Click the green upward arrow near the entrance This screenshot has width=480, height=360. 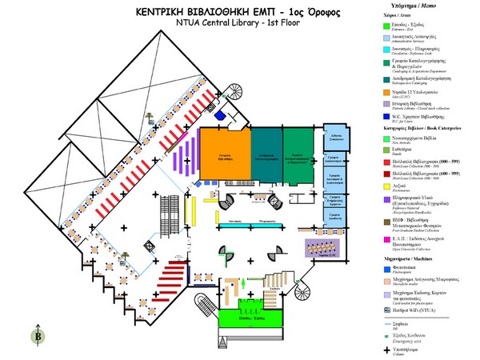point(242,283)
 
